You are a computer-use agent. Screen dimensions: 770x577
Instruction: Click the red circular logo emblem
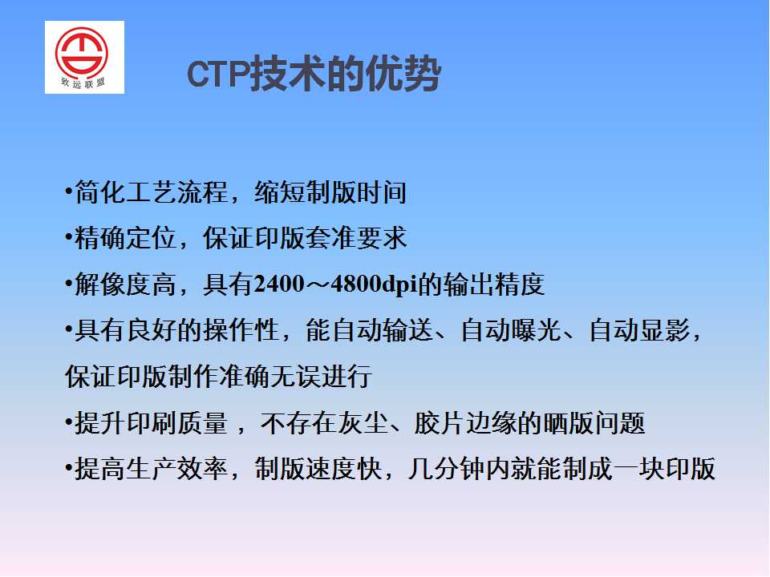82,53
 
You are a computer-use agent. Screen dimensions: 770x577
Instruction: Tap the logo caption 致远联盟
83,83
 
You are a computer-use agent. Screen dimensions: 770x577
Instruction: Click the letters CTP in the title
218,75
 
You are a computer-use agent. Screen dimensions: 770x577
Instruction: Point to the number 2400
279,284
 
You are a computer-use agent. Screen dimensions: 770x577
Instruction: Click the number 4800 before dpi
356,284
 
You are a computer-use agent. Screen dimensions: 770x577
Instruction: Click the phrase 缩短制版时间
330,192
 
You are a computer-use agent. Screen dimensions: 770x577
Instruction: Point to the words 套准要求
356,238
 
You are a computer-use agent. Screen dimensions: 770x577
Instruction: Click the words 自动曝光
511,330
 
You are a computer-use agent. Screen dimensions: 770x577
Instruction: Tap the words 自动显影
639,330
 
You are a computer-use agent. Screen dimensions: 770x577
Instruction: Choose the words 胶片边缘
464,423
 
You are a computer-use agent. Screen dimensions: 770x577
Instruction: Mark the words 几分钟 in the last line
446,469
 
